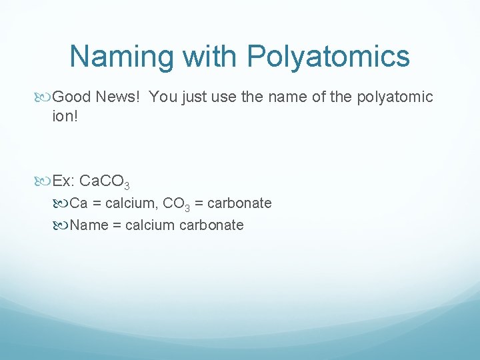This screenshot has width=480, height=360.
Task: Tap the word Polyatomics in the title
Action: pos(329,57)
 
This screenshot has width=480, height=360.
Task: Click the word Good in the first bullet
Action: pos(71,97)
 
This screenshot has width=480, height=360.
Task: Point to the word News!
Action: pos(118,97)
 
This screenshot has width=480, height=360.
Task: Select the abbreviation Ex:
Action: pos(66,181)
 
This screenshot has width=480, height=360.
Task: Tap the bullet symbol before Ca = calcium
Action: pos(63,203)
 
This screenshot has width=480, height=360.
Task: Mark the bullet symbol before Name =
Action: pos(63,225)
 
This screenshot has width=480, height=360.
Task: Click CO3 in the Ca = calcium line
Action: pos(177,203)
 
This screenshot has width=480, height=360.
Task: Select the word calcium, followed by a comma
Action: pos(132,203)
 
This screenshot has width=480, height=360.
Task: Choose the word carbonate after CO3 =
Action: pos(240,203)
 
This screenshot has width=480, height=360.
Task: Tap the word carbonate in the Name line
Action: pos(212,225)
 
